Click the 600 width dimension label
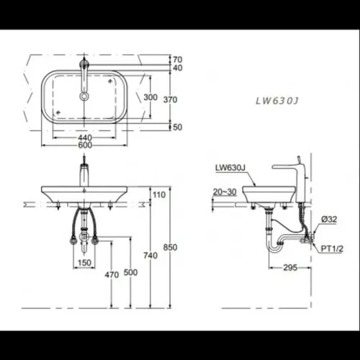click(85, 145)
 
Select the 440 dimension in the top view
click(85, 135)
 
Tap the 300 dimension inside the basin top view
click(150, 97)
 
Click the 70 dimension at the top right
click(177, 59)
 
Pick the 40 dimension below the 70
click(177, 68)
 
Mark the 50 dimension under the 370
click(177, 127)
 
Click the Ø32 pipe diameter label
click(330, 219)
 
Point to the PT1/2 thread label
click(331, 248)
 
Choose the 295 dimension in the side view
click(290, 268)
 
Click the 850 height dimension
click(170, 248)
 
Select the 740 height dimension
click(150, 256)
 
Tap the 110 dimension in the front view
click(159, 195)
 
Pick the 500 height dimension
click(130, 273)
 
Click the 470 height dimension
click(111, 274)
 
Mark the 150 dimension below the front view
click(84, 264)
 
